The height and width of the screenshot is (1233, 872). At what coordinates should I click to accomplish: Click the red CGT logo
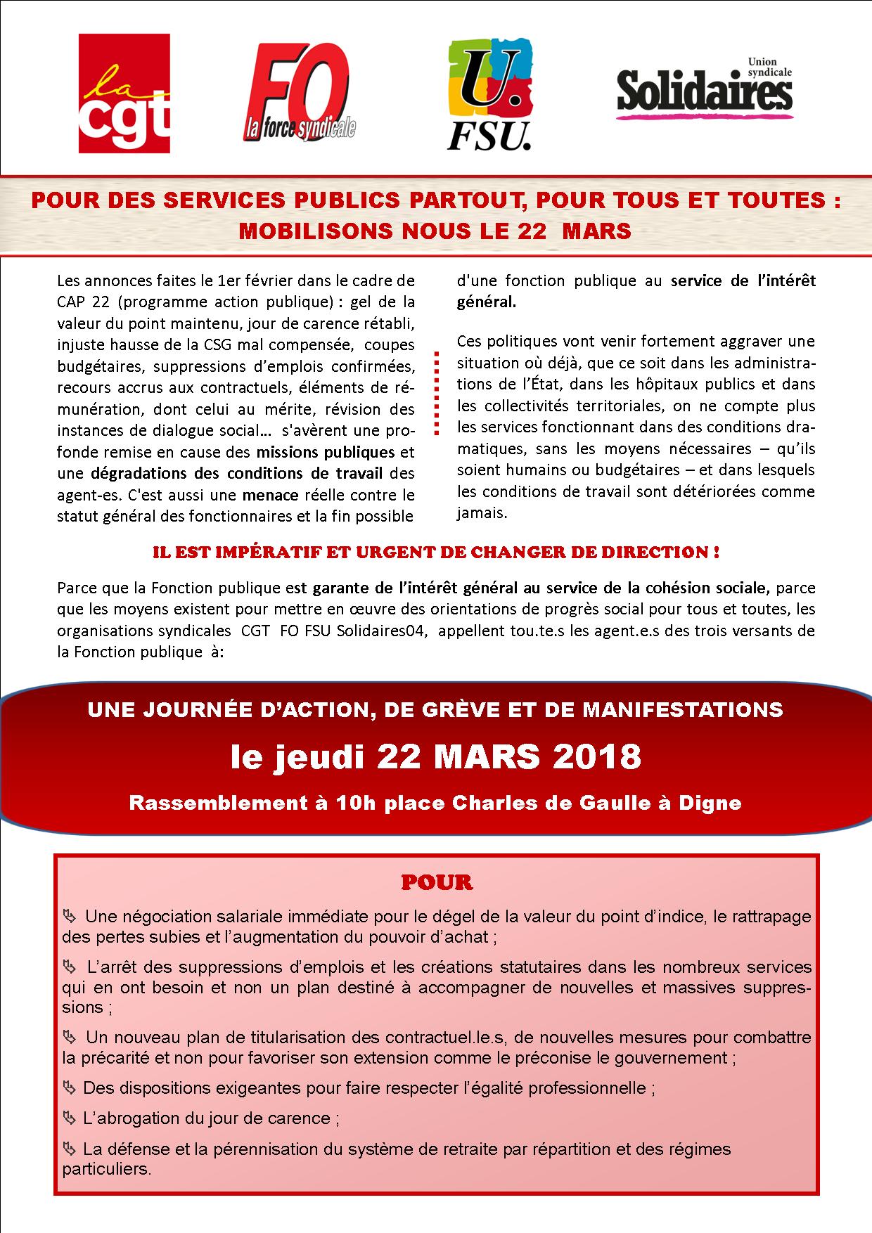click(x=124, y=93)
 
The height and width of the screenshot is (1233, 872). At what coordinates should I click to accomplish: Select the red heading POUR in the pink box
click(x=437, y=882)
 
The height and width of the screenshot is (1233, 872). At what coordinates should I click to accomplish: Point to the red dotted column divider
click(x=436, y=393)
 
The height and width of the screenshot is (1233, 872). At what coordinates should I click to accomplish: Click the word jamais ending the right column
click(x=482, y=512)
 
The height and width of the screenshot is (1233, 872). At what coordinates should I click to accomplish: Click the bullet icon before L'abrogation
click(x=69, y=1118)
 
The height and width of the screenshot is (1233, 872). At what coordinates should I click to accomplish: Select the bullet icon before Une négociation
click(x=69, y=917)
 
